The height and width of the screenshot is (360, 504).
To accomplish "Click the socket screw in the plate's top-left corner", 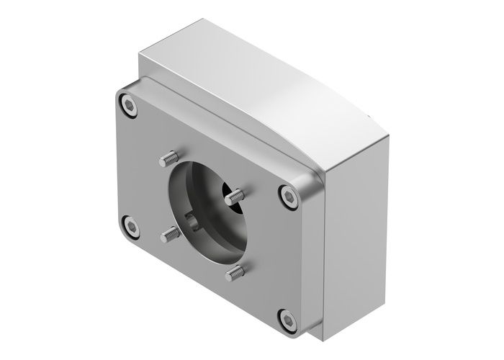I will pos(128,106).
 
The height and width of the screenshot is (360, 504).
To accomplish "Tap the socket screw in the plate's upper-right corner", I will pos(289,194).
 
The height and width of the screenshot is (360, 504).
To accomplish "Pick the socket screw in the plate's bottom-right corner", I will pos(287,317).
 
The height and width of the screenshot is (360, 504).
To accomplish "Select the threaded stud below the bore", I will pos(236,272).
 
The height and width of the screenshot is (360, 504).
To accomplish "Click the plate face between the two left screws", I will pos(130,166).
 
